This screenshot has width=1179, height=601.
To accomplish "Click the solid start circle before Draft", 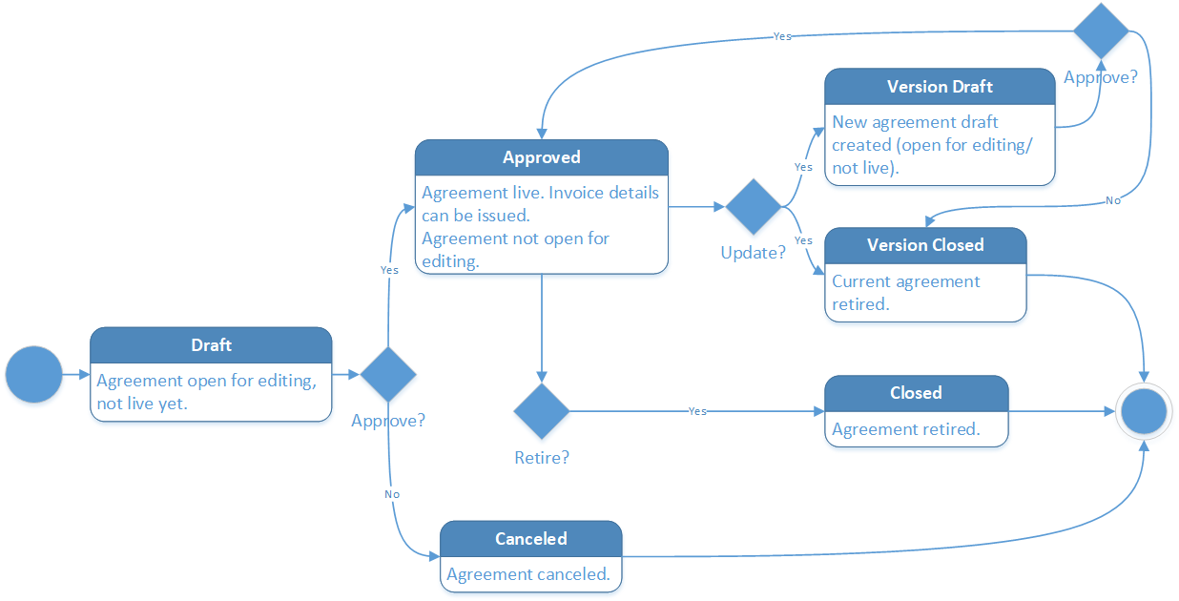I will pos(33,375).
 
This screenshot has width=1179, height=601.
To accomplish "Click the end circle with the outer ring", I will pos(1144,412).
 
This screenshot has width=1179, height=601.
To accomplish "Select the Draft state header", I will pos(211,345).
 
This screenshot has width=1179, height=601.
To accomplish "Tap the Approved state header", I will pos(541,157).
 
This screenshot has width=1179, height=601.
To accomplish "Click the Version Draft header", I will pos(940,86).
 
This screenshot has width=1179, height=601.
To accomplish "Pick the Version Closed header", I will pos(924,245).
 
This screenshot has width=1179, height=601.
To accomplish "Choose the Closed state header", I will pos(916,393).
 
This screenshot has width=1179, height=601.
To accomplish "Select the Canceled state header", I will pos(530,539).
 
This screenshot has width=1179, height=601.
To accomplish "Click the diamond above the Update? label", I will pos(754,206).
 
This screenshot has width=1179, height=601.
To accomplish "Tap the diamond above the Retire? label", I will pos(541,412).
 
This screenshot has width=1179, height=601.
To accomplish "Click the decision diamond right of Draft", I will pos(388,374).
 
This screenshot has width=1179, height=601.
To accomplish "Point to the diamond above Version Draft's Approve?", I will pos(1101,31).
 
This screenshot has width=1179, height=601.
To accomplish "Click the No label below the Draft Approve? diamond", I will pos(391,494).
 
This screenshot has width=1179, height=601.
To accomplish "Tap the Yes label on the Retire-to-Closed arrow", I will pos(697,411).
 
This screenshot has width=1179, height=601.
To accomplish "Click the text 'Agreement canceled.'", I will pos(527,574).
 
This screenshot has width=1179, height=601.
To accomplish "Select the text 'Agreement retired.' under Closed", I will pos(905,429).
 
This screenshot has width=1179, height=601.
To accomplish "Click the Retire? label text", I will pos(541,458).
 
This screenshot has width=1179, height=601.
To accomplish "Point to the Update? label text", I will pos(753,253).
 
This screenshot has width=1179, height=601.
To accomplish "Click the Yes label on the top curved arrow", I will pos(781,36).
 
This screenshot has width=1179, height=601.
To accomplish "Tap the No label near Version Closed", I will pos(1112,200).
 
